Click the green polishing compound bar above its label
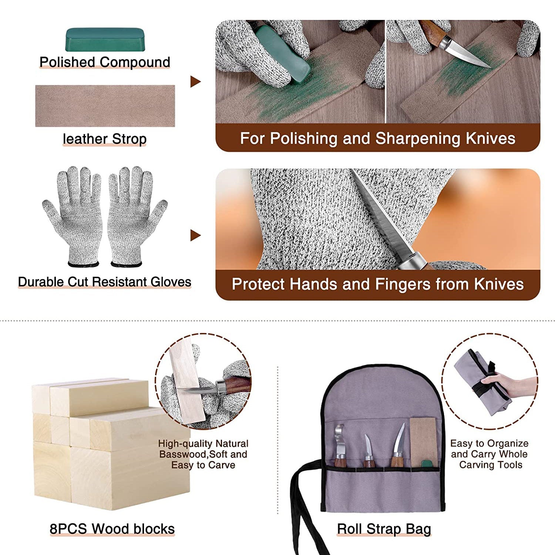click(105, 40)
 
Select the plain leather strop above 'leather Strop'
click(105, 106)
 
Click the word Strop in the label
click(129, 139)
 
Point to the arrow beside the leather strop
click(195, 81)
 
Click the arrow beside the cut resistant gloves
click(195, 235)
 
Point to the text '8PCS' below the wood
click(68, 529)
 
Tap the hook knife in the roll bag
click(339, 445)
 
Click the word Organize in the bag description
click(507, 444)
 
